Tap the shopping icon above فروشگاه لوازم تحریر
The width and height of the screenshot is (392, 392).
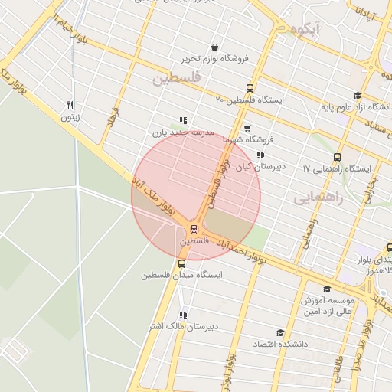214,47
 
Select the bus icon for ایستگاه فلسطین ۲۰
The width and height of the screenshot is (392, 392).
250,88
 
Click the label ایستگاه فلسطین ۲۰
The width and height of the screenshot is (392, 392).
250,100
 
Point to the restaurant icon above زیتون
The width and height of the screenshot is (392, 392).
70,105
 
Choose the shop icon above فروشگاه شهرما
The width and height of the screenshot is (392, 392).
247,129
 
